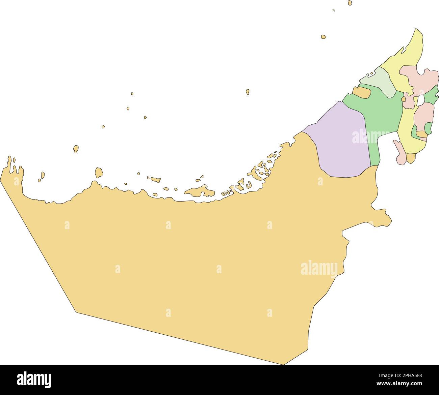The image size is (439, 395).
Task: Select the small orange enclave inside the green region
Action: (x=361, y=93)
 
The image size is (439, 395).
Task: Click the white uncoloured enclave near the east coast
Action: (x=420, y=100)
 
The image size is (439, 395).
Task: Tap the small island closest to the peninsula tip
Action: (x=324, y=36)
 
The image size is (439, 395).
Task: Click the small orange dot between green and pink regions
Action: (x=404, y=99)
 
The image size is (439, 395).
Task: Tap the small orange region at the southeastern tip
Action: (x=411, y=158)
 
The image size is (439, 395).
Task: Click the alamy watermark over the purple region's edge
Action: (x=370, y=137)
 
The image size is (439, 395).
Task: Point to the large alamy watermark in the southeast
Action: (x=319, y=269)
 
